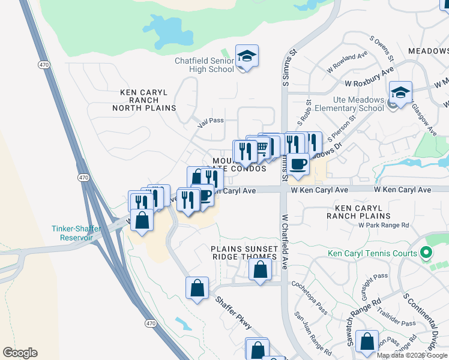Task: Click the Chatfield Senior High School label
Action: tap(204, 65)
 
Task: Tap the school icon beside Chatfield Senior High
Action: tap(247, 56)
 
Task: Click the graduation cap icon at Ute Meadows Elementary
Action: tap(400, 92)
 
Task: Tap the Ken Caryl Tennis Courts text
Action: tap(372, 254)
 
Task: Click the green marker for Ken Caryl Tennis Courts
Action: tap(427, 253)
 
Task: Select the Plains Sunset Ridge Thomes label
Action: tap(244, 253)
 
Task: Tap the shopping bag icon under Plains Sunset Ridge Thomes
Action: tap(260, 270)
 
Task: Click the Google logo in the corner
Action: tap(20, 353)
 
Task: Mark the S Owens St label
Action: tap(381, 49)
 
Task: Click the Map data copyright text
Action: tap(412, 355)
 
